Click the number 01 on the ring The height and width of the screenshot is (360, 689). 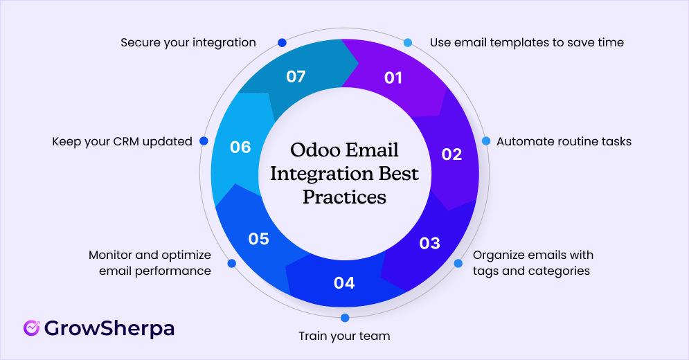393,78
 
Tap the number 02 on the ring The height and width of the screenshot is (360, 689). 451,154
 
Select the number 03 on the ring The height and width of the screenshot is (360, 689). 429,243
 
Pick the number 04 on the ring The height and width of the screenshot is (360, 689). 344,282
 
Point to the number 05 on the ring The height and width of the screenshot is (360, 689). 258,239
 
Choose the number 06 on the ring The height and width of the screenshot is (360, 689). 240,147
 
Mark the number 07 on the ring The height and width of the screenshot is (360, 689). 296,76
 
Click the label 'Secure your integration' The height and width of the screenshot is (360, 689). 188,42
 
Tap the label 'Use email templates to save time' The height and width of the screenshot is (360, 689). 526,42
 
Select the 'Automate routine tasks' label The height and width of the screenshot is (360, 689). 564,141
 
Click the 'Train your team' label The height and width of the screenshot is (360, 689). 344,336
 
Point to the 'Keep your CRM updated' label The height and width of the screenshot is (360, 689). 122,141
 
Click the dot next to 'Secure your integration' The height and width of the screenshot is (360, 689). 282,42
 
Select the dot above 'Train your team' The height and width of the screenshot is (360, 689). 344,318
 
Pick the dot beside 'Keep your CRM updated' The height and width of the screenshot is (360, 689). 204,141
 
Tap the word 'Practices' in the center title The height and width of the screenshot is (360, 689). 344,197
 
